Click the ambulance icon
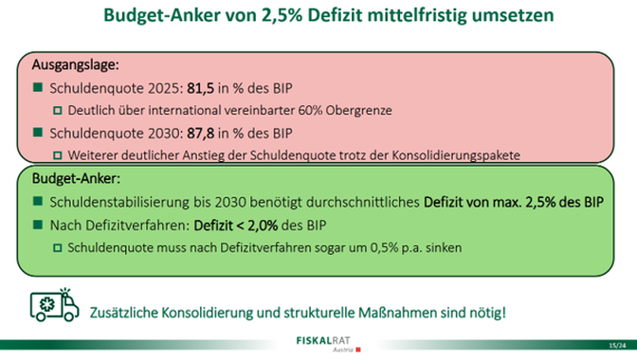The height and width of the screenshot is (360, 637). [x=54, y=305]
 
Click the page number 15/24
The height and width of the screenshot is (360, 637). [x=617, y=346]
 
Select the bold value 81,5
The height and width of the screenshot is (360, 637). [x=200, y=88]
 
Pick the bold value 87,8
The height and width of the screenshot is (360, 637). [x=200, y=134]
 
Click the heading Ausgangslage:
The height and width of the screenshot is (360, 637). [x=76, y=65]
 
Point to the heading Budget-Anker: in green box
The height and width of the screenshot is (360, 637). [x=76, y=179]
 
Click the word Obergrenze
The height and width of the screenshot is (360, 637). [x=358, y=111]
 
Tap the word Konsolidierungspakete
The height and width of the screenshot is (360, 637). [x=456, y=155]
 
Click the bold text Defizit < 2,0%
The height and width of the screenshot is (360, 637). [x=236, y=225]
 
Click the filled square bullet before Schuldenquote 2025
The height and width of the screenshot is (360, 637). [x=38, y=87]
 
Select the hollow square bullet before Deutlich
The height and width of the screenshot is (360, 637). [x=58, y=111]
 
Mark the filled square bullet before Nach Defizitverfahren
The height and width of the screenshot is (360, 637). [x=38, y=225]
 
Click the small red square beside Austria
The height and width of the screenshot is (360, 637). [x=358, y=350]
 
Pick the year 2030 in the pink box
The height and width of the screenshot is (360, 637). [x=163, y=134]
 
